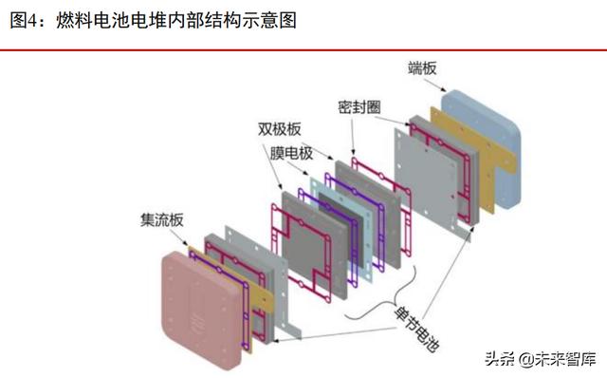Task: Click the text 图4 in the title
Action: point(26,20)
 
